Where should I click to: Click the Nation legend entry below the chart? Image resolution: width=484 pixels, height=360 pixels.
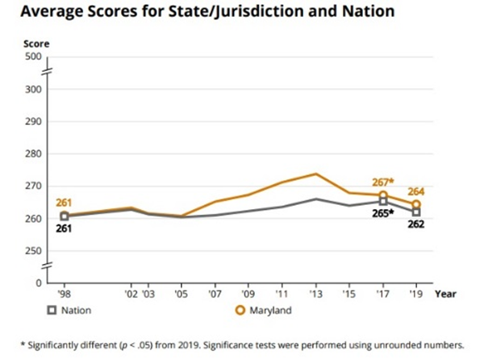(x=73, y=309)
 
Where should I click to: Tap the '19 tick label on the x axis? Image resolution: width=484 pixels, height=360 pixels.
(x=415, y=295)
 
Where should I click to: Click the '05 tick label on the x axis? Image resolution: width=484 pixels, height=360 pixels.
(x=181, y=295)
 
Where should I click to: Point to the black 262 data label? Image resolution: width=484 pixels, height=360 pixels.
(x=415, y=224)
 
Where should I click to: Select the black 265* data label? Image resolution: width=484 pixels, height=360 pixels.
(x=380, y=213)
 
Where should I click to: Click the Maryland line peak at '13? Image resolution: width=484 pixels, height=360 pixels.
(x=315, y=174)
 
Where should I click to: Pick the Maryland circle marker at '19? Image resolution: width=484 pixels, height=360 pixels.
(x=416, y=204)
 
